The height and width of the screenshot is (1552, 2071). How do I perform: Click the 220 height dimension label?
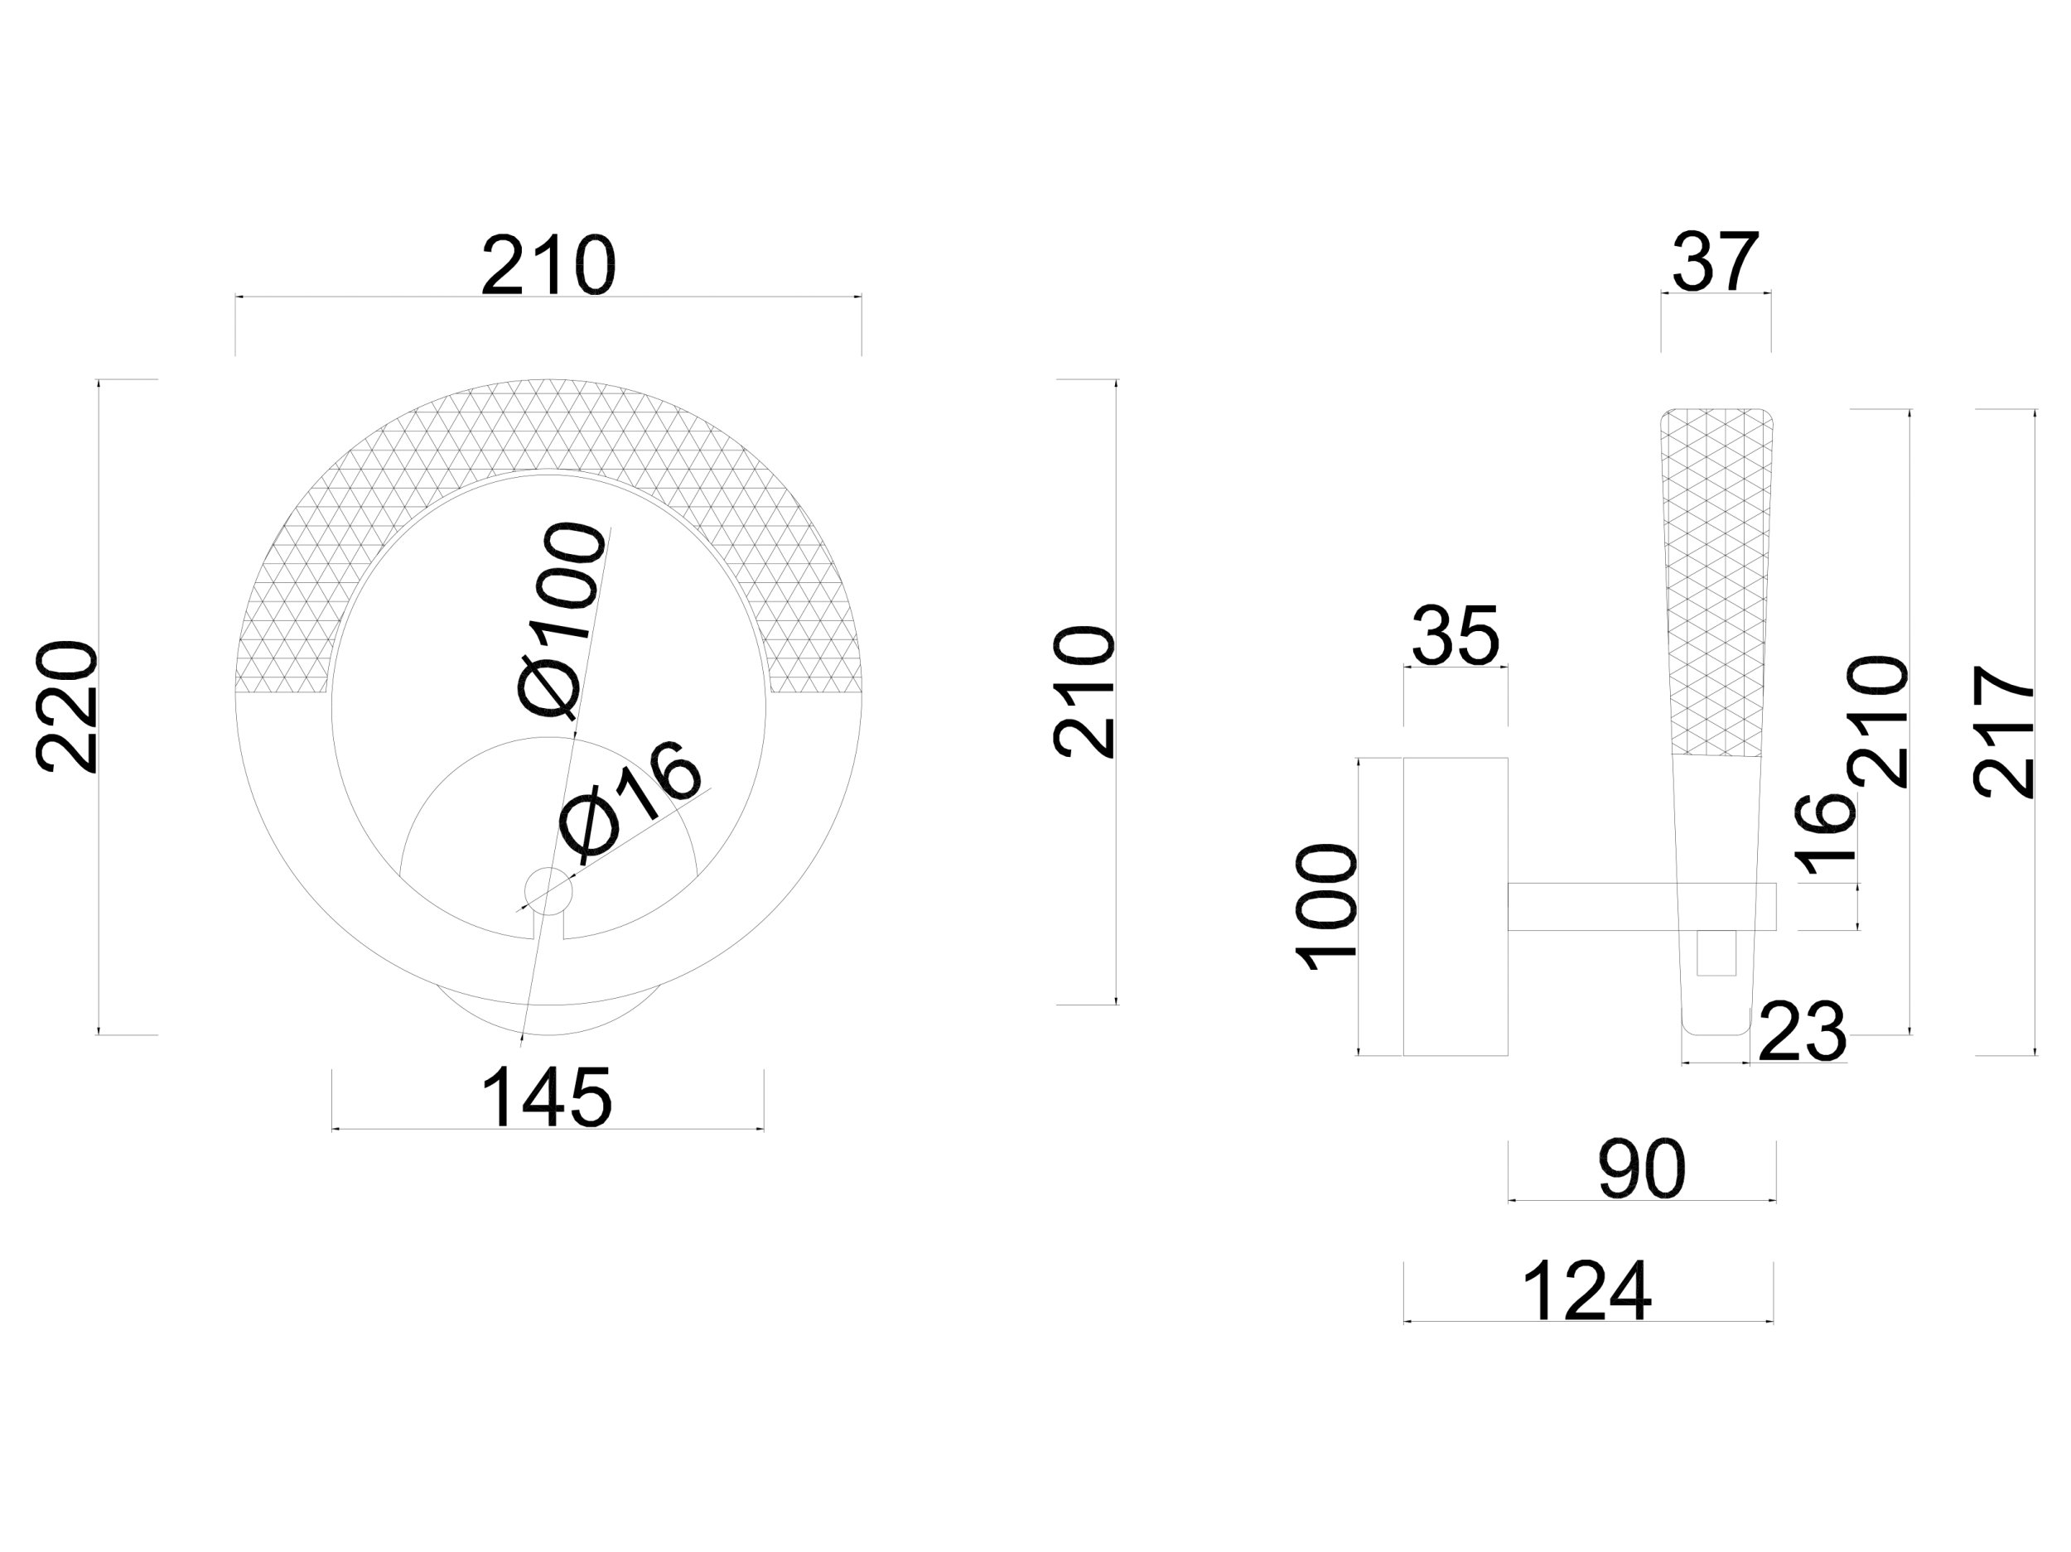[x=67, y=706]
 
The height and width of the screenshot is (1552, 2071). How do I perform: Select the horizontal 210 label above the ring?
[x=548, y=266]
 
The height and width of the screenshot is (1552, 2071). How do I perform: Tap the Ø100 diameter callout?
[x=560, y=619]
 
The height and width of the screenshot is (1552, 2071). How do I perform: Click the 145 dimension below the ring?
[x=547, y=1098]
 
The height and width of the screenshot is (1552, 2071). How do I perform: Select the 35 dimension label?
[x=1455, y=637]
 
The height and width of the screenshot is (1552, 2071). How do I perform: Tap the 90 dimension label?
[x=1641, y=1170]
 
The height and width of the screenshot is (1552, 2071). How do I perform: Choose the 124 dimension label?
[x=1587, y=1292]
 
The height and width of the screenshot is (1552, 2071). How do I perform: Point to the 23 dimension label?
[x=1803, y=1034]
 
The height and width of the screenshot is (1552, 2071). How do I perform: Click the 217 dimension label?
[x=2004, y=731]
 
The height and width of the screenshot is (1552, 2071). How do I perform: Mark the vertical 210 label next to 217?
[x=1876, y=721]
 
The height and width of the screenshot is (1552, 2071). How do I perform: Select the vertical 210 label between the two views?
[x=1085, y=692]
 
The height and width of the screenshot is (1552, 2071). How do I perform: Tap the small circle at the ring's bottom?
[x=548, y=890]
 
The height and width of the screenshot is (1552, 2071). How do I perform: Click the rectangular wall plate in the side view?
[x=1455, y=906]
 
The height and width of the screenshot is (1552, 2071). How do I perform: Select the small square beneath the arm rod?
[x=1716, y=952]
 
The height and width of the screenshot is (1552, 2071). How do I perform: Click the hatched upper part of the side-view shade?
[x=1716, y=581]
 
